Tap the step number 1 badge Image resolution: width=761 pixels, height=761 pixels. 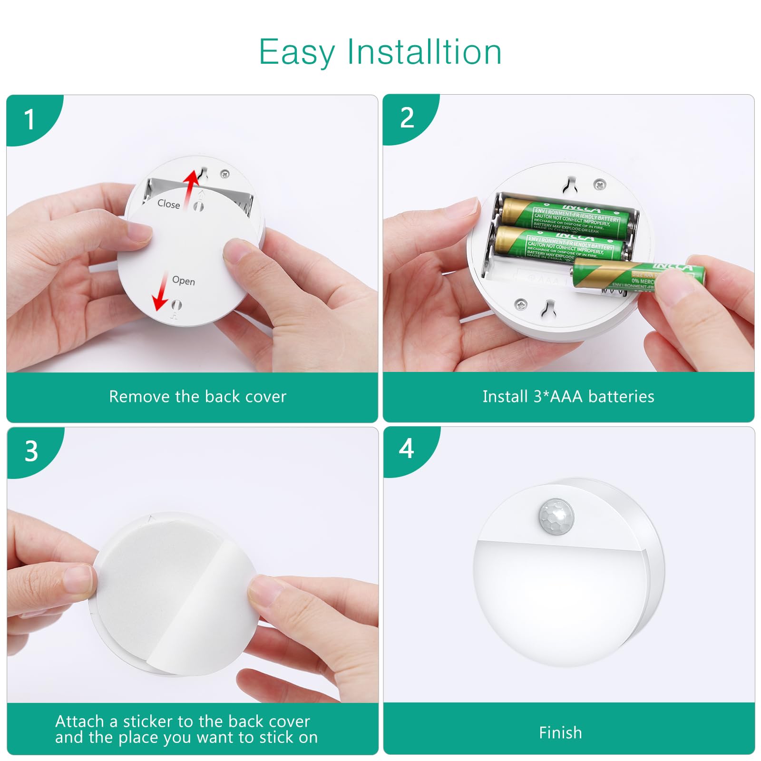tap(29, 119)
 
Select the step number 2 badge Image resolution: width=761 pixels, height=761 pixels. tap(407, 117)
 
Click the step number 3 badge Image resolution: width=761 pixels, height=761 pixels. tap(31, 451)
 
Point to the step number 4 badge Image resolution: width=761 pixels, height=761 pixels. tap(406, 449)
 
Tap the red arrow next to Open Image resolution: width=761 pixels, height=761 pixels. tap(161, 292)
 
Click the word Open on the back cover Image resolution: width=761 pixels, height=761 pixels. tap(184, 281)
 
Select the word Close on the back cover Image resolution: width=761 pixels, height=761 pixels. tap(168, 204)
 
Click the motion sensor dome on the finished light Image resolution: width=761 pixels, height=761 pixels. tap(556, 515)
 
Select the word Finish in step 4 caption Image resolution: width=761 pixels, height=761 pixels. tap(560, 732)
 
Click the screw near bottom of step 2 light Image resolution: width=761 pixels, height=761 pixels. tap(522, 302)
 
